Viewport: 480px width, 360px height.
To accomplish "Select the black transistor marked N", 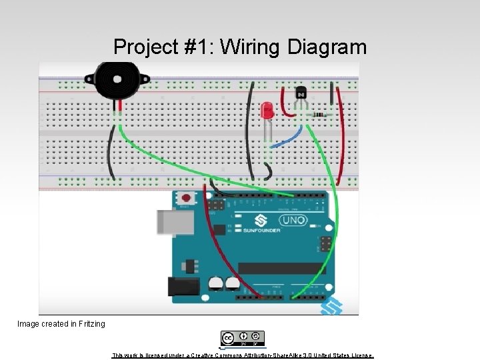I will coord(302,95).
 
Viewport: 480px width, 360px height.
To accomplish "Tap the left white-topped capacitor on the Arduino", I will coord(216,283).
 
